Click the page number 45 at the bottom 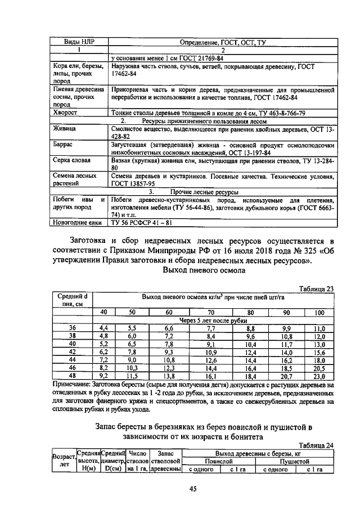click(x=192, y=489)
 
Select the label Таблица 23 click(x=316, y=289)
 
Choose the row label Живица click(x=65, y=129)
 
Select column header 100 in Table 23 click(x=319, y=312)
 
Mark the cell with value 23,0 click(x=319, y=376)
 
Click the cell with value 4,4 click(x=103, y=328)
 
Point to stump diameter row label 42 click(x=72, y=352)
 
